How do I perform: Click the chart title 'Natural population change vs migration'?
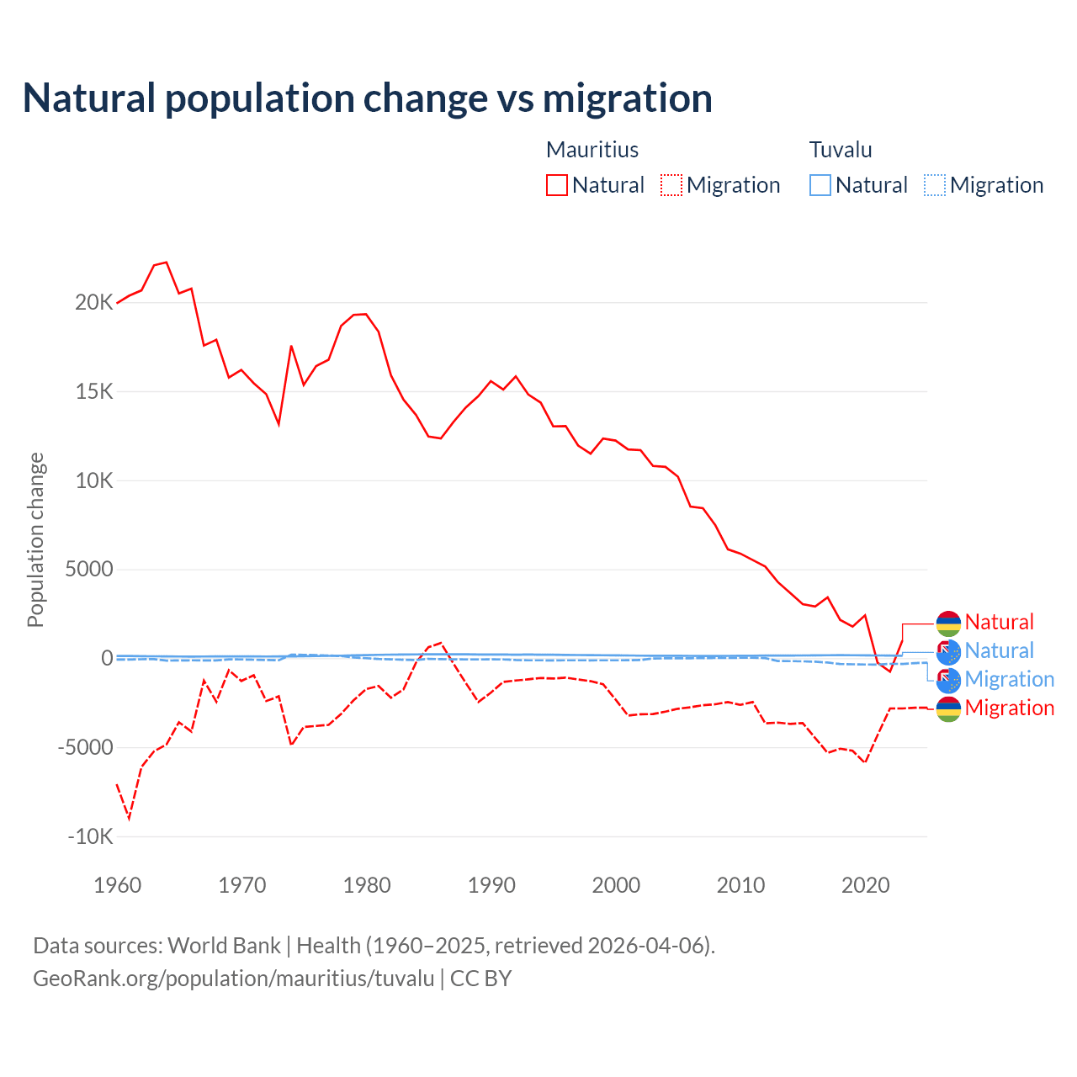click(368, 98)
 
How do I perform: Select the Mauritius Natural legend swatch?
click(556, 185)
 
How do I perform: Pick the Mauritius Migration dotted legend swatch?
click(671, 185)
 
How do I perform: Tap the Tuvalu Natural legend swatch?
click(820, 185)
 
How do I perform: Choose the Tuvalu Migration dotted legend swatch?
click(934, 185)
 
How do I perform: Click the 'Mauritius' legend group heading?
click(592, 150)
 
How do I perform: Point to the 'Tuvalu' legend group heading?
click(841, 150)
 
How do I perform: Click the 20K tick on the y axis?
click(93, 303)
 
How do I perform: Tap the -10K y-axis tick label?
click(90, 836)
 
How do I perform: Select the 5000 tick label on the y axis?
click(88, 570)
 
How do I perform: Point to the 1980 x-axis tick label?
click(367, 885)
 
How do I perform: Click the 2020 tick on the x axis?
click(865, 885)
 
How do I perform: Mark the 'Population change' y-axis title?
click(35, 539)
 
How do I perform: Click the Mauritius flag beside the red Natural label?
click(948, 623)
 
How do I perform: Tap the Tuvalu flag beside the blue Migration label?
click(948, 680)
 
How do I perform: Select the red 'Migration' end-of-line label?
click(1009, 708)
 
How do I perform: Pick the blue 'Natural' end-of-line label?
click(999, 650)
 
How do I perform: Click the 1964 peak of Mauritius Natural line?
click(167, 263)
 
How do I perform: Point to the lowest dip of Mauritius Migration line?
click(129, 818)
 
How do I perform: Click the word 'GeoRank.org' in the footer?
click(93, 979)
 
